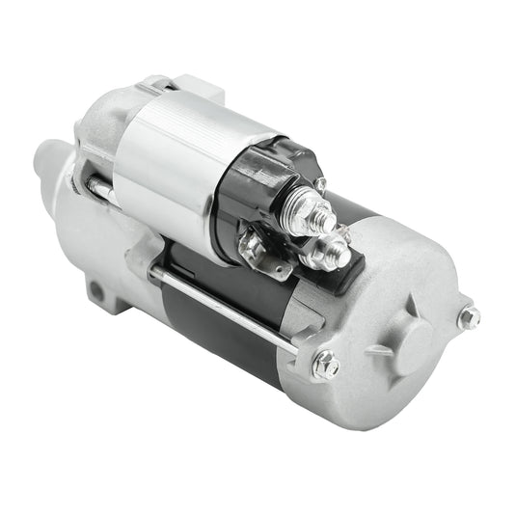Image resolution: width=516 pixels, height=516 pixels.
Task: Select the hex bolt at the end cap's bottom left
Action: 326,364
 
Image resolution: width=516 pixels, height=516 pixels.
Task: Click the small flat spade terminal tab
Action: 280,265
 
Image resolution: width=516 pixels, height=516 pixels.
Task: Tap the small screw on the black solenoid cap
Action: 319,183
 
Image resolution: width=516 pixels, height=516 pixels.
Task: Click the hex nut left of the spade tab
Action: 252,248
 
